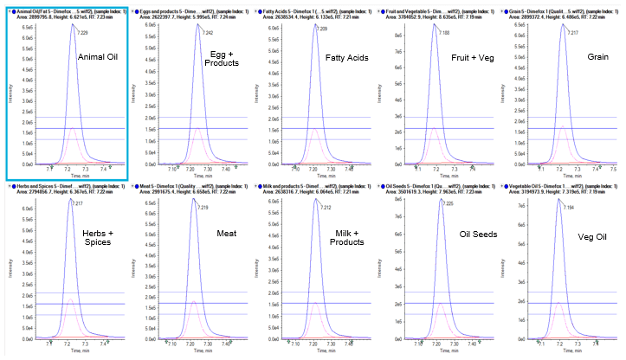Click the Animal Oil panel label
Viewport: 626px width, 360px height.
(x=99, y=57)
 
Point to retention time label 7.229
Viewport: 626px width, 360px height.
(x=82, y=32)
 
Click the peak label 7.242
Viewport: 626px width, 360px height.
(x=207, y=33)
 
